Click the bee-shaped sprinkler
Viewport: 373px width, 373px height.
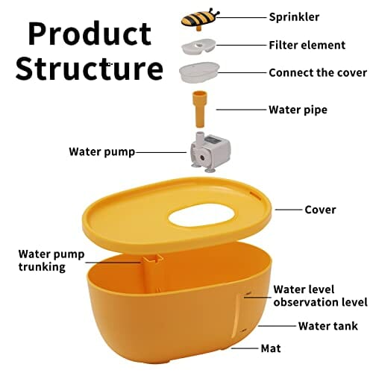pos(200,19)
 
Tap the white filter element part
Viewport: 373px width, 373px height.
pos(198,46)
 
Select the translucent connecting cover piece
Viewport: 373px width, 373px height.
pos(199,72)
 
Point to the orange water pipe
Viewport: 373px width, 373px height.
pos(199,109)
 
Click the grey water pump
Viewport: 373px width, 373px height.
pos(210,152)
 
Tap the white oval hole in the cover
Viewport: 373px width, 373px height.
pos(201,216)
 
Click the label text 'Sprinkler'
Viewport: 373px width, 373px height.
pos(294,17)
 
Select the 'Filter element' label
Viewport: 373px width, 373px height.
pos(307,46)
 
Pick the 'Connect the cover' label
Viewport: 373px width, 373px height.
pos(318,73)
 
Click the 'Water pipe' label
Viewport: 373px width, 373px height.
pos(298,110)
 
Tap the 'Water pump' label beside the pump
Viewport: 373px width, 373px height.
pos(102,151)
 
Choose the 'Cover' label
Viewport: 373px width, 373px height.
pos(320,210)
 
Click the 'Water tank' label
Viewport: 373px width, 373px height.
pos(328,326)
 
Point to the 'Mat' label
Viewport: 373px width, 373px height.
pos(271,348)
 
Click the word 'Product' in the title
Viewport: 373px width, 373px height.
pos(90,34)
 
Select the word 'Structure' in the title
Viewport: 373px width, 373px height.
pos(90,68)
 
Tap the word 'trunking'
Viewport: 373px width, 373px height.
pos(42,267)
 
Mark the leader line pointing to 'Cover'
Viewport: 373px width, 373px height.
pos(289,210)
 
